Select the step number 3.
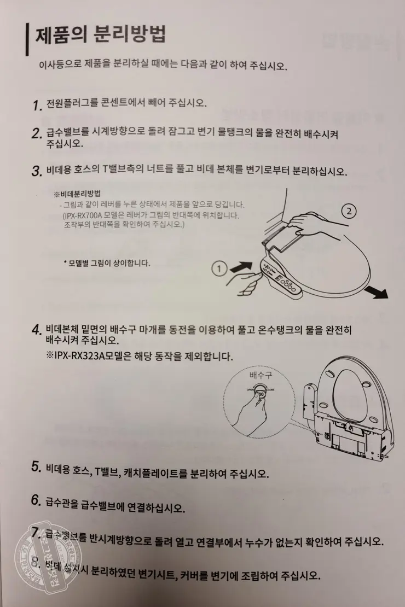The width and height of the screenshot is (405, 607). click(x=37, y=171)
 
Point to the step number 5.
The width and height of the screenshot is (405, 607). click(x=37, y=468)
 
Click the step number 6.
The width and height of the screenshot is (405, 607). click(x=37, y=500)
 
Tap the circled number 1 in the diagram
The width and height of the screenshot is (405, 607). click(x=219, y=268)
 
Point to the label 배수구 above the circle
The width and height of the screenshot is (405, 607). click(x=261, y=376)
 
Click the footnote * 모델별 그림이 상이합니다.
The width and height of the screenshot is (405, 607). click(x=107, y=263)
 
